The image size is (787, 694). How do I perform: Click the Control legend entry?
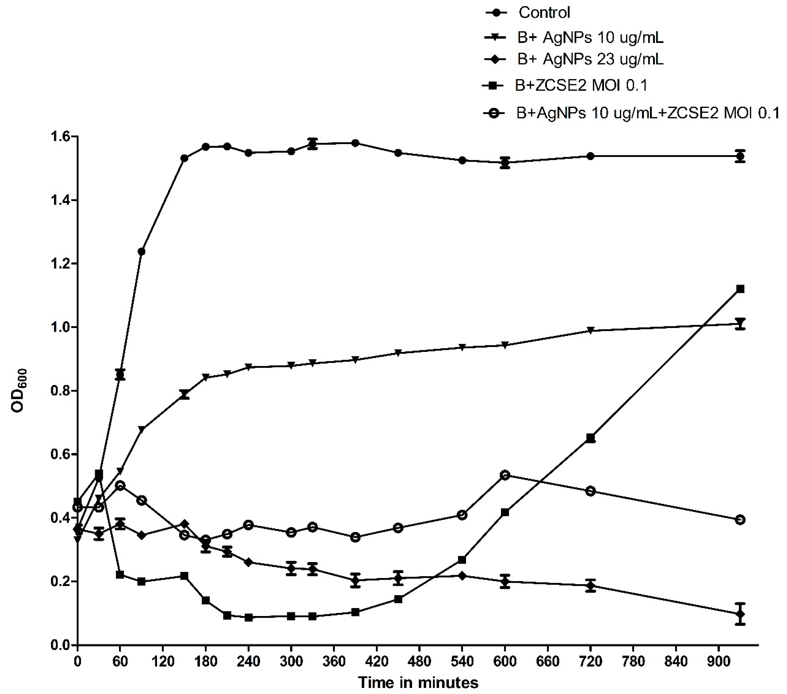click(544, 13)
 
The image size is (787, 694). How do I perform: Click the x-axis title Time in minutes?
click(418, 682)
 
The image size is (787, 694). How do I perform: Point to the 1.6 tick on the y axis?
click(59, 137)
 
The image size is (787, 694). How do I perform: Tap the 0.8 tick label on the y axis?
click(59, 391)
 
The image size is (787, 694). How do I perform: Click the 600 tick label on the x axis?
click(505, 661)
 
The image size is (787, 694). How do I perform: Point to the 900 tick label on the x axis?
click(718, 661)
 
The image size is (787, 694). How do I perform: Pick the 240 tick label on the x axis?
click(248, 661)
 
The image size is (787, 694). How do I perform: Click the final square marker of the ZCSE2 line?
click(740, 289)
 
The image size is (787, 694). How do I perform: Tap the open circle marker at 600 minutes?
click(505, 475)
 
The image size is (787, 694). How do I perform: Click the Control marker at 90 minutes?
click(141, 252)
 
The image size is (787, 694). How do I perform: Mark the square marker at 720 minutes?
click(590, 438)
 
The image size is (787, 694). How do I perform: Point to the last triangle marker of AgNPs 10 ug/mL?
click(740, 323)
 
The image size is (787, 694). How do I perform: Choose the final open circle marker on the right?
click(740, 520)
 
